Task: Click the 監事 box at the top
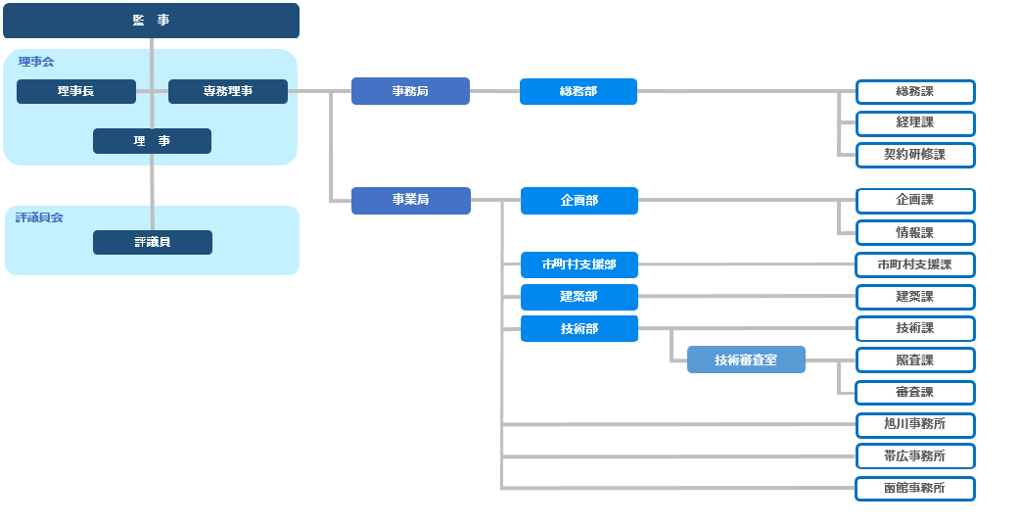(x=151, y=21)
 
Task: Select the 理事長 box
(x=76, y=92)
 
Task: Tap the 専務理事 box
(x=227, y=92)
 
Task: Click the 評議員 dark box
(x=152, y=242)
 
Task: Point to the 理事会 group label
(x=36, y=62)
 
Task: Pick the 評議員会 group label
(x=39, y=217)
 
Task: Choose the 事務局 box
(x=410, y=91)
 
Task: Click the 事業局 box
(x=411, y=201)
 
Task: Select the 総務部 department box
(x=579, y=92)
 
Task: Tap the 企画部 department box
(x=579, y=201)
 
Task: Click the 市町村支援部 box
(x=579, y=264)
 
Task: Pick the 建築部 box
(x=579, y=297)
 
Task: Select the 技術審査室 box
(x=746, y=359)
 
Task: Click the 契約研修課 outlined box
(x=915, y=155)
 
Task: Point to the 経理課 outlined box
(x=915, y=123)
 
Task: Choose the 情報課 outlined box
(x=915, y=233)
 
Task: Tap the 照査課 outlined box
(x=915, y=360)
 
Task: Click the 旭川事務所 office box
(x=915, y=425)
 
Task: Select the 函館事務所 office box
(x=915, y=489)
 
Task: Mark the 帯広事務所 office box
(x=915, y=456)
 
